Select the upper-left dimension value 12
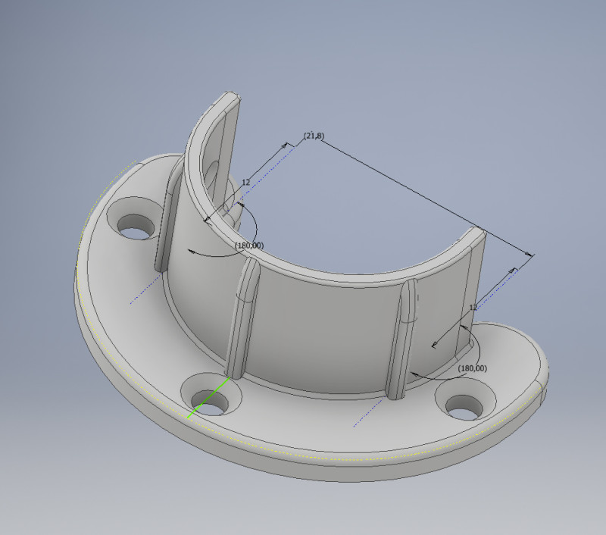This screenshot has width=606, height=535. [246, 182]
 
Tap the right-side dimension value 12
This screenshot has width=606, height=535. [473, 307]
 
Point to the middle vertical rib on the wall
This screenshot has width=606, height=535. [242, 318]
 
